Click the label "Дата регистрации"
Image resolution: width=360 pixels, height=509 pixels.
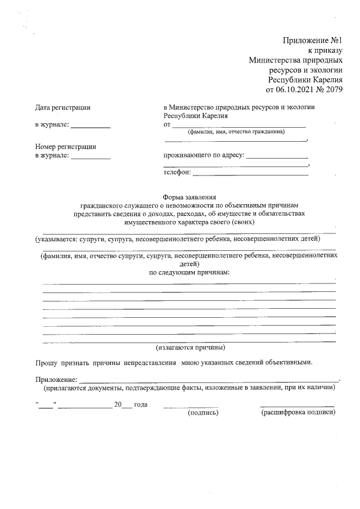[62, 107]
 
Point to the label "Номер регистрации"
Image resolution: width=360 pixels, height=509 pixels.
[65, 147]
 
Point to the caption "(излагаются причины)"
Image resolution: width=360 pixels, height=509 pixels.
[190, 347]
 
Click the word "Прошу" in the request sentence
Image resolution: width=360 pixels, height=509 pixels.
[46, 363]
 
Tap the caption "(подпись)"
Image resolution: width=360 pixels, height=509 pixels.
[202, 412]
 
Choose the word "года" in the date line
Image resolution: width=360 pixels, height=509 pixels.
[141, 404]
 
